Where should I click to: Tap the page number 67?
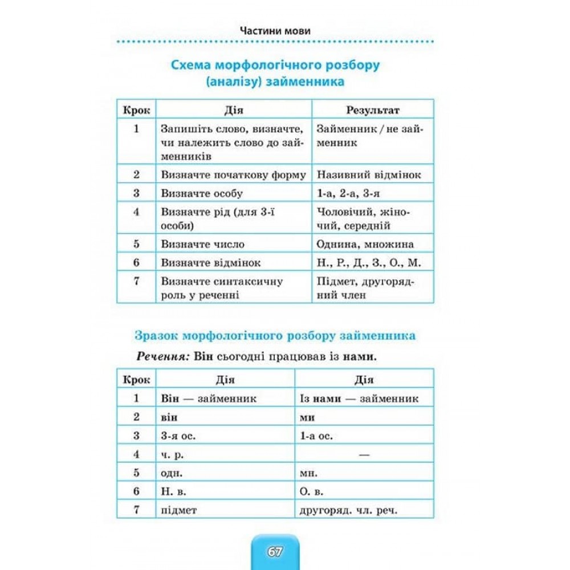274,552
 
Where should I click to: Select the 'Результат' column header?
373,109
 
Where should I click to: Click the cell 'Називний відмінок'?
368,175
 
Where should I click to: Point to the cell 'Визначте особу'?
202,193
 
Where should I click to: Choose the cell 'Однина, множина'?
372,244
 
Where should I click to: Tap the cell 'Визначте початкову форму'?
233,175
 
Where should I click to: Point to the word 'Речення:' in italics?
162,357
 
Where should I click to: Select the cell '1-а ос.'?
316,436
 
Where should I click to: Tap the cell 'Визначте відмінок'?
211,263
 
